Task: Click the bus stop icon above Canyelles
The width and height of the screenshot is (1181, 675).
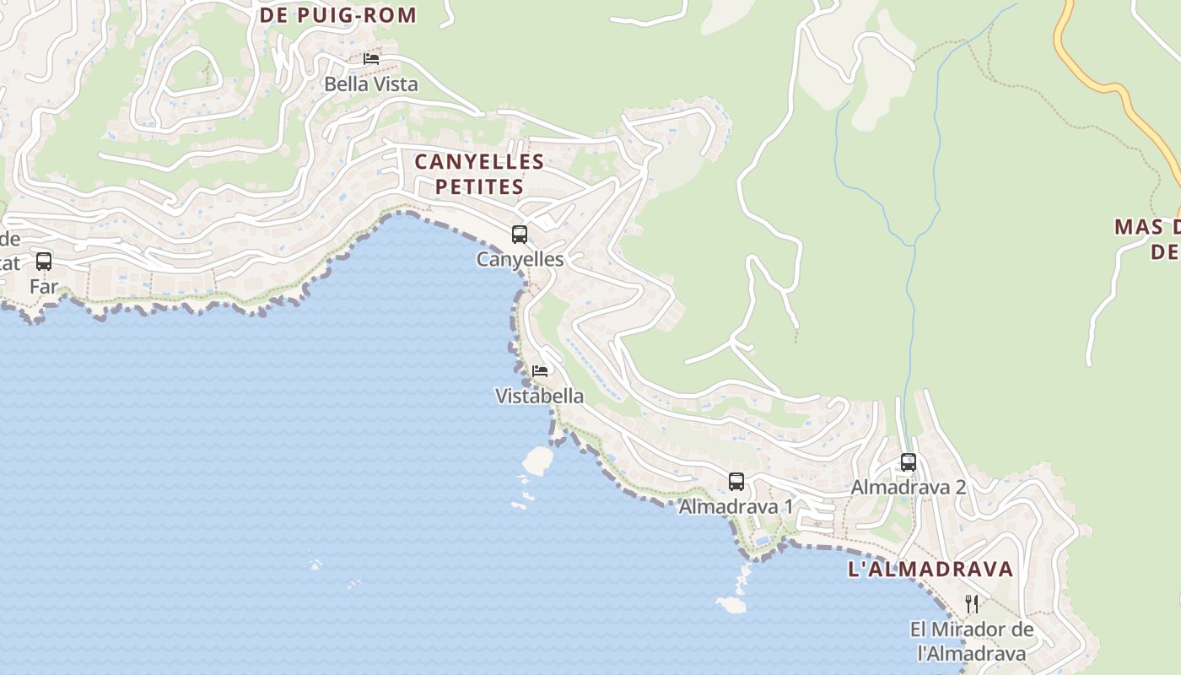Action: click(520, 235)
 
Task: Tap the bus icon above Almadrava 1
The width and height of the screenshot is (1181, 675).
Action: click(736, 482)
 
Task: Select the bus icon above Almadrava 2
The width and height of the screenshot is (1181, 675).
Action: click(909, 462)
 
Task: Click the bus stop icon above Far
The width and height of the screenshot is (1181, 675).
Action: click(44, 262)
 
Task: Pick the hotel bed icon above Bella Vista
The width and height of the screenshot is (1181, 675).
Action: click(371, 59)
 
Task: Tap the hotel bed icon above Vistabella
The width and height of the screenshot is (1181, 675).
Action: click(540, 370)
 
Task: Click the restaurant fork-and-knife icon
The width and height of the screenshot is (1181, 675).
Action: click(972, 604)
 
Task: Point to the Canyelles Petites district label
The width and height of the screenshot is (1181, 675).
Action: click(479, 174)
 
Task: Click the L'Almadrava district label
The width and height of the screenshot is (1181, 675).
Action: click(930, 569)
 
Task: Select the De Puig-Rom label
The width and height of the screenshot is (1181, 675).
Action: click(338, 15)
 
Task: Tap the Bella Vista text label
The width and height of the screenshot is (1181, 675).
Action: click(371, 84)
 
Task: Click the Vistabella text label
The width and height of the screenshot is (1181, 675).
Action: click(539, 396)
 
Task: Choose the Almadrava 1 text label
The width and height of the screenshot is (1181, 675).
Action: click(736, 506)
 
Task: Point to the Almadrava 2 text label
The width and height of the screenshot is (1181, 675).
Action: click(908, 487)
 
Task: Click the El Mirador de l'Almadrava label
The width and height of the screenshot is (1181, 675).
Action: click(972, 641)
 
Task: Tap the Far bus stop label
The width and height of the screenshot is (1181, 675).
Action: click(44, 287)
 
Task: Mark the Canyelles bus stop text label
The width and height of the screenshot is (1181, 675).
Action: click(520, 259)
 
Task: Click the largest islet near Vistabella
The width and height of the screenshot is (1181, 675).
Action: click(537, 460)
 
